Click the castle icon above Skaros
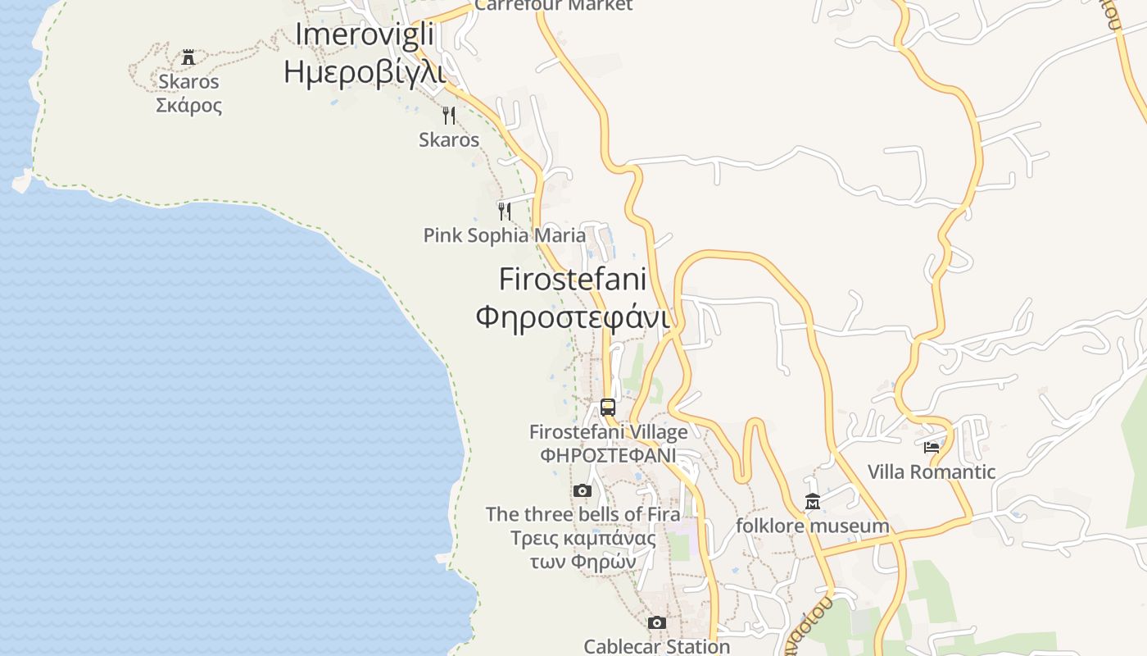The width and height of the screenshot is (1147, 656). [x=188, y=57]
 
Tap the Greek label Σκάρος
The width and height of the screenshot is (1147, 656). [x=188, y=106]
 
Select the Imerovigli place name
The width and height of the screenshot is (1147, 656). [x=364, y=34]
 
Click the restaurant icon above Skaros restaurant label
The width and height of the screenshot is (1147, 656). [x=448, y=115]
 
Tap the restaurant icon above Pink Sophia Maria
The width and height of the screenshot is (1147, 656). [x=505, y=212]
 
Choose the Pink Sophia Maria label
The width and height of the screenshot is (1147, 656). [x=505, y=236]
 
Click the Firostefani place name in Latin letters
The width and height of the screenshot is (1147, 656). [x=572, y=279]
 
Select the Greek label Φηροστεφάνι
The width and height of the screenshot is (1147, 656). [x=572, y=317]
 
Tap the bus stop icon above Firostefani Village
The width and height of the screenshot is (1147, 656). [x=608, y=407]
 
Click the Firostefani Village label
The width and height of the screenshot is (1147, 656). [x=608, y=432]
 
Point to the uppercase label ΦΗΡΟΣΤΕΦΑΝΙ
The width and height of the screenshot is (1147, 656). [x=608, y=455]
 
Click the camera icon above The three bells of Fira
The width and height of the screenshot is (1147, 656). [x=583, y=490]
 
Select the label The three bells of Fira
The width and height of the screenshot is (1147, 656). [x=583, y=515]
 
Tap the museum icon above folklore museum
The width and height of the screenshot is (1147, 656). [x=813, y=502]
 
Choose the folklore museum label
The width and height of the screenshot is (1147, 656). [x=812, y=526]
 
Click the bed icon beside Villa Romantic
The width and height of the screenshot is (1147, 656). [x=932, y=447]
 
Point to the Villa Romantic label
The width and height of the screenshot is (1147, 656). [x=932, y=471]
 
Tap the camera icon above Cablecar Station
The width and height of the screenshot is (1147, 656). [x=656, y=623]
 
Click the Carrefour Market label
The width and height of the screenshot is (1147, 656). [x=554, y=6]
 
